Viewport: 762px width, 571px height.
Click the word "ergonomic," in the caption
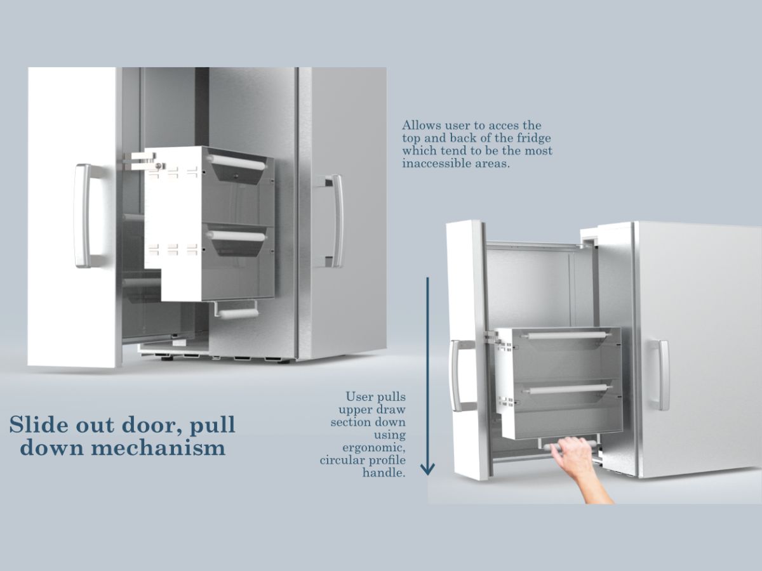tap(374, 449)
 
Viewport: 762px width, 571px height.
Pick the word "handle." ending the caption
tap(384, 473)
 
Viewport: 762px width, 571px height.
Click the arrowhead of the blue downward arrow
tap(428, 469)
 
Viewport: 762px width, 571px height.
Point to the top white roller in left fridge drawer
tap(237, 162)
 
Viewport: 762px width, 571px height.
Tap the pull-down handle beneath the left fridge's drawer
tap(237, 311)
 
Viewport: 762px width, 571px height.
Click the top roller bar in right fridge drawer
tap(566, 335)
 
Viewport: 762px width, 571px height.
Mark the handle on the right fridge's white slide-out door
tap(460, 376)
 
